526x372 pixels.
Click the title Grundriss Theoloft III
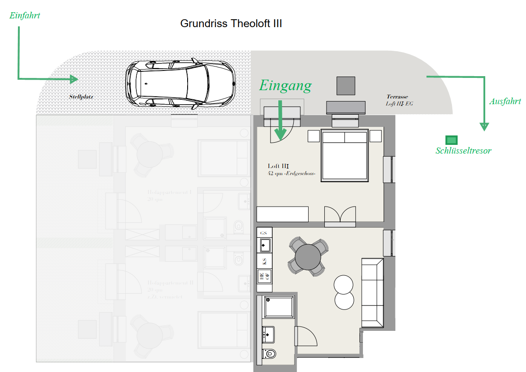coord(231,24)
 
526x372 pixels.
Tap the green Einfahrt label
coord(25,15)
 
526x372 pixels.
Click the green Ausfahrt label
coord(505,101)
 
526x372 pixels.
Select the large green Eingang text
coord(285,85)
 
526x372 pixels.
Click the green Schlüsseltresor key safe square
coord(451,140)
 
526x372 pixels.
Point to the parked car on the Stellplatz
coord(180,83)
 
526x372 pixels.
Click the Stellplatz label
coord(81,97)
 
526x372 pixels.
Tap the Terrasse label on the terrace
coord(397,97)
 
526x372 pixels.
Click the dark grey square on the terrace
coord(345,85)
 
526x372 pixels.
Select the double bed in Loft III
coord(345,155)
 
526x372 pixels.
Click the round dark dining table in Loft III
coord(308,257)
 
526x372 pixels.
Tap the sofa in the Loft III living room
coord(373,292)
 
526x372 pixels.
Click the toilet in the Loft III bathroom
coord(270,353)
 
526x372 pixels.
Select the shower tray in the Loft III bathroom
coord(278,307)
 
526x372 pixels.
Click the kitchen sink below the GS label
coord(264,244)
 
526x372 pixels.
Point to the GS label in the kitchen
coord(264,232)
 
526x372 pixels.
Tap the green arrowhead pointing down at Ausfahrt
coord(484,126)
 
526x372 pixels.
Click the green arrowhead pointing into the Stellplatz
coord(73,79)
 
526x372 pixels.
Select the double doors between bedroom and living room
coord(340,216)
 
